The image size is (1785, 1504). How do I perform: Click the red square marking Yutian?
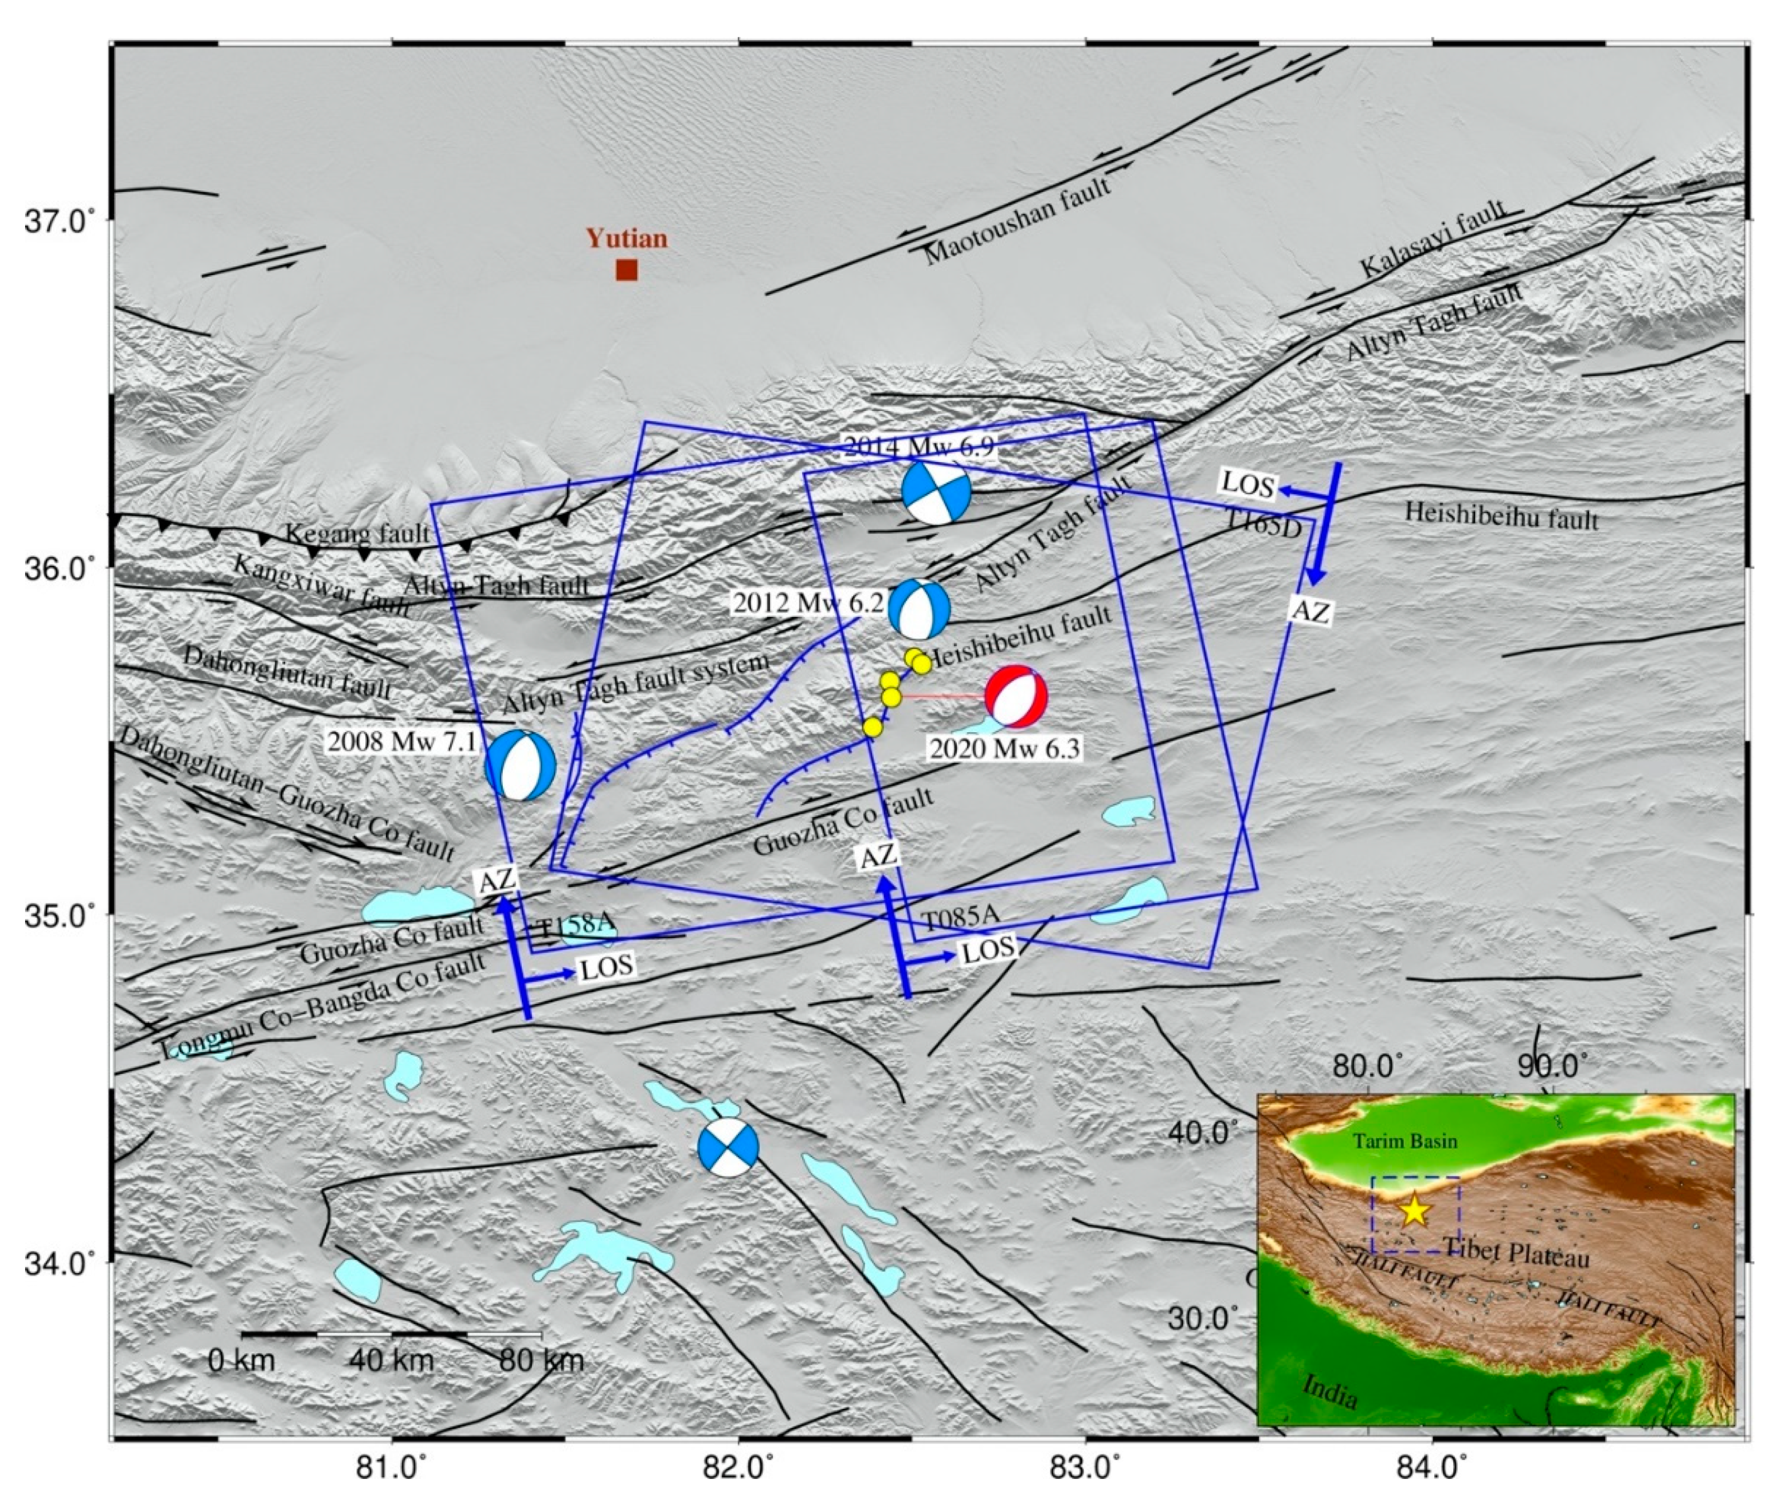coord(627,270)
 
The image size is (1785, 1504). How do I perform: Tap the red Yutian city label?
coord(627,239)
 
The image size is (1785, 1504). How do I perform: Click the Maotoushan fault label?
coord(1019,221)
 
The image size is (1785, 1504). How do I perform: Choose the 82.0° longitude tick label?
coord(739,1468)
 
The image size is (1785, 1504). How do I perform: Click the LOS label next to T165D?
coord(1247,484)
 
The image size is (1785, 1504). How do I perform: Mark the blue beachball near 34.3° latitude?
coord(727,1148)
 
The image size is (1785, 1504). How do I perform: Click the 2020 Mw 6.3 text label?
coord(1005,749)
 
